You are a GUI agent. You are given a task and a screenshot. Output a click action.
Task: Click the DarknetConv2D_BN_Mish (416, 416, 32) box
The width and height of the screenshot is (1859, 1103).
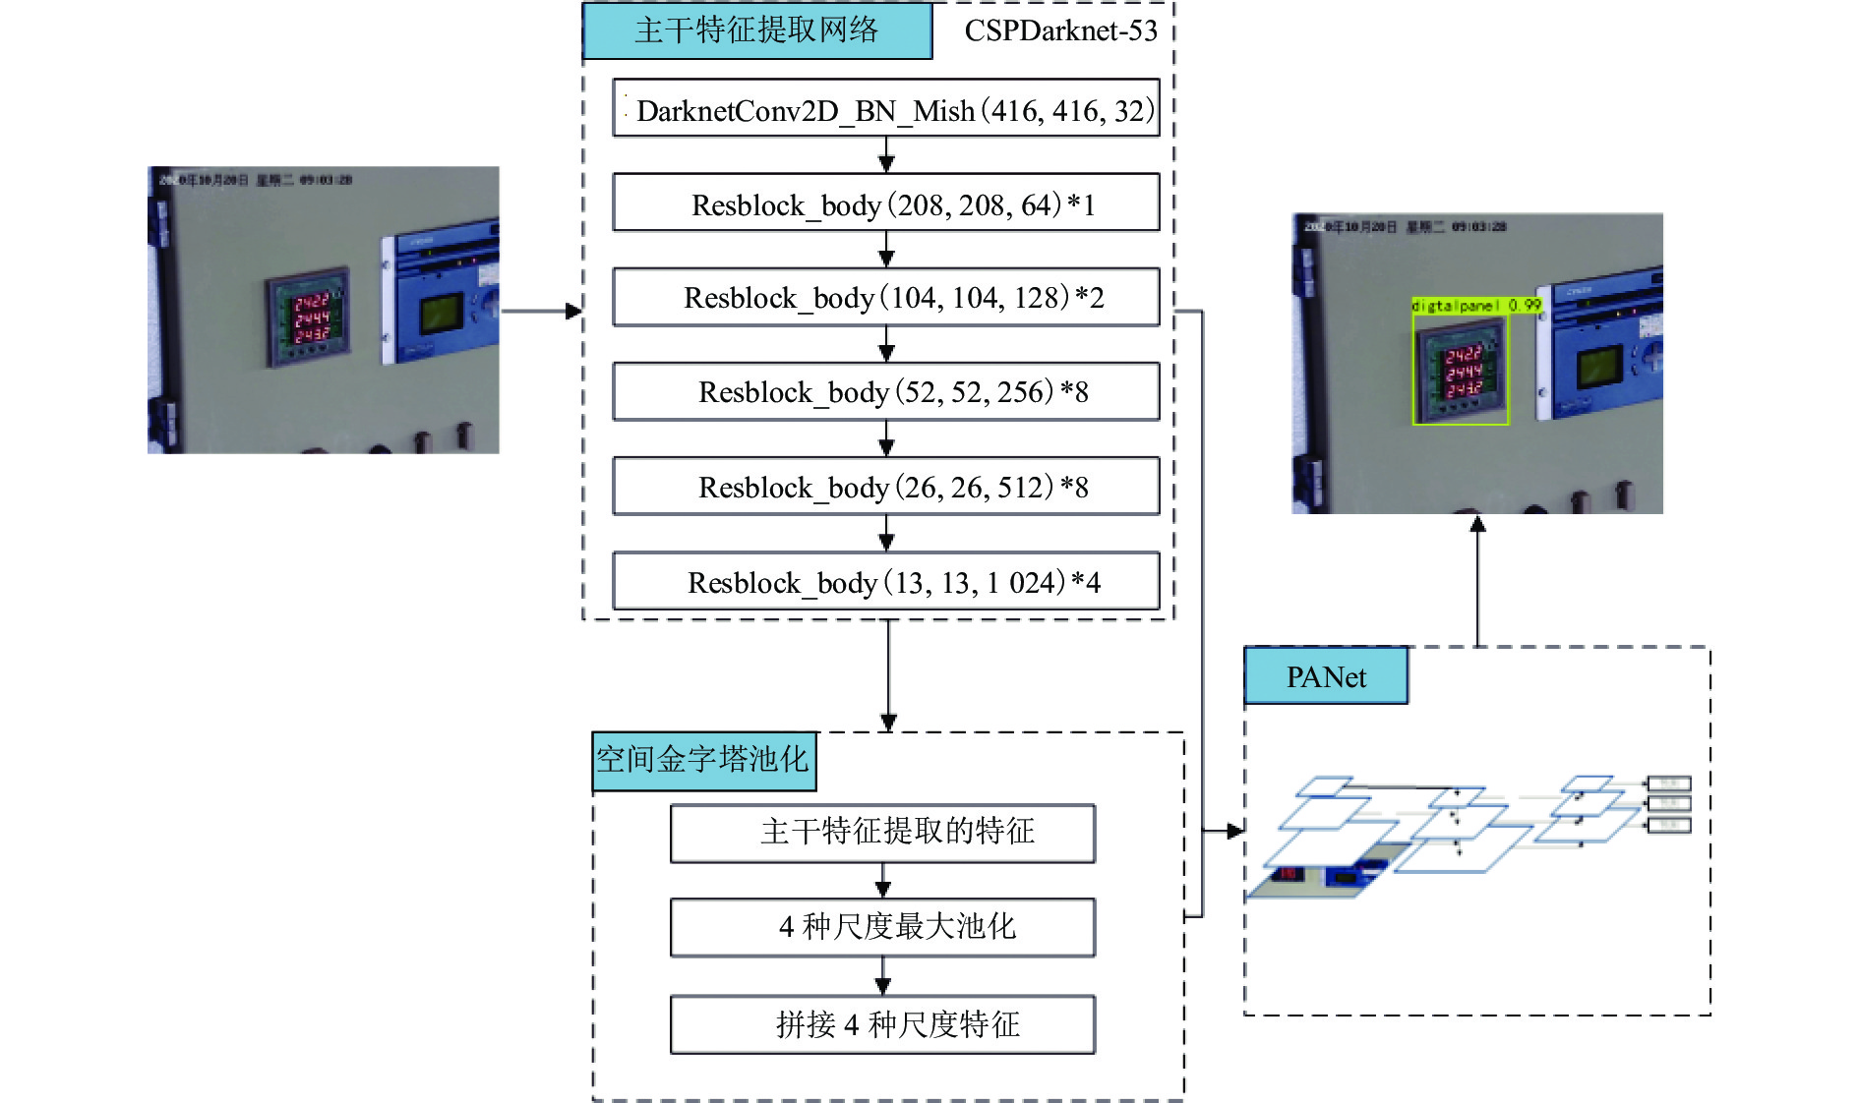pyautogui.click(x=886, y=108)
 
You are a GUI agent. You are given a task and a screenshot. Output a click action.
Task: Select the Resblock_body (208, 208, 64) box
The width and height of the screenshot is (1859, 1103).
pyautogui.click(x=886, y=203)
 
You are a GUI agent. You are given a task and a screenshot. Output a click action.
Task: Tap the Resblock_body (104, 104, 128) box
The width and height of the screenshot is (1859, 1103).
pyautogui.click(x=886, y=297)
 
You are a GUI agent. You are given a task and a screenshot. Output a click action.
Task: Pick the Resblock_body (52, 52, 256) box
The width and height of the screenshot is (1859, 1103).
pyautogui.click(x=886, y=391)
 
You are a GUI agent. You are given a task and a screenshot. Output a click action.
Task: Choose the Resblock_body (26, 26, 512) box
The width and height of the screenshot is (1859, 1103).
pyautogui.click(x=886, y=487)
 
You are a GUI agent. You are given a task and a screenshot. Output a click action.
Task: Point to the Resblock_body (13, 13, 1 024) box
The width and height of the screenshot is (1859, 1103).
pyautogui.click(x=886, y=582)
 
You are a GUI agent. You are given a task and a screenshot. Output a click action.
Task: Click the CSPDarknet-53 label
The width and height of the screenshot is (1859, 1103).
pyautogui.click(x=1060, y=31)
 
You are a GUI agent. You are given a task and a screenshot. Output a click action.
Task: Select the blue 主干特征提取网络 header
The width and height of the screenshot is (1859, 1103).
pyautogui.click(x=757, y=31)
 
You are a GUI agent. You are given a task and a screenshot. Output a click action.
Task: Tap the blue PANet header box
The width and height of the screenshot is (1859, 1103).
pyautogui.click(x=1326, y=676)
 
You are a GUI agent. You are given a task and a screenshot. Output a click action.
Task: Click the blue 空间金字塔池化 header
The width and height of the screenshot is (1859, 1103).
pyautogui.click(x=703, y=760)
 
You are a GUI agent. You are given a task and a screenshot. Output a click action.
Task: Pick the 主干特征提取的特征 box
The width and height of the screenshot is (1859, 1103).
pyautogui.click(x=882, y=833)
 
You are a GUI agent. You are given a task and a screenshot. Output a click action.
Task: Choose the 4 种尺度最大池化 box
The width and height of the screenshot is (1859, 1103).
pyautogui.click(x=882, y=927)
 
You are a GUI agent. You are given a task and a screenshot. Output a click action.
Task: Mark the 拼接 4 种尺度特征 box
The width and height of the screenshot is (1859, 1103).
pyautogui.click(x=882, y=1024)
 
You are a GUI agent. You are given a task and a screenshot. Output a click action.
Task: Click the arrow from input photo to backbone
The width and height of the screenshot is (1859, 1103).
pyautogui.click(x=541, y=312)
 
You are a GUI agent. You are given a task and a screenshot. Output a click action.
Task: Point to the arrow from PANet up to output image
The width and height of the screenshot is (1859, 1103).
pyautogui.click(x=1477, y=580)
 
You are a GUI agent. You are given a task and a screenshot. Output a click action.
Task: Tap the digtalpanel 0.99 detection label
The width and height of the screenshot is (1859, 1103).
pyautogui.click(x=1475, y=306)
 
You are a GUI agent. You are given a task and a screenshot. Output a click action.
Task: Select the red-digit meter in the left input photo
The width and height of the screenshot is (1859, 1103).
pyautogui.click(x=308, y=317)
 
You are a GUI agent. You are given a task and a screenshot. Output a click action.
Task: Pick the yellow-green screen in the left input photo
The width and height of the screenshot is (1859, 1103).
pyautogui.click(x=442, y=315)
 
